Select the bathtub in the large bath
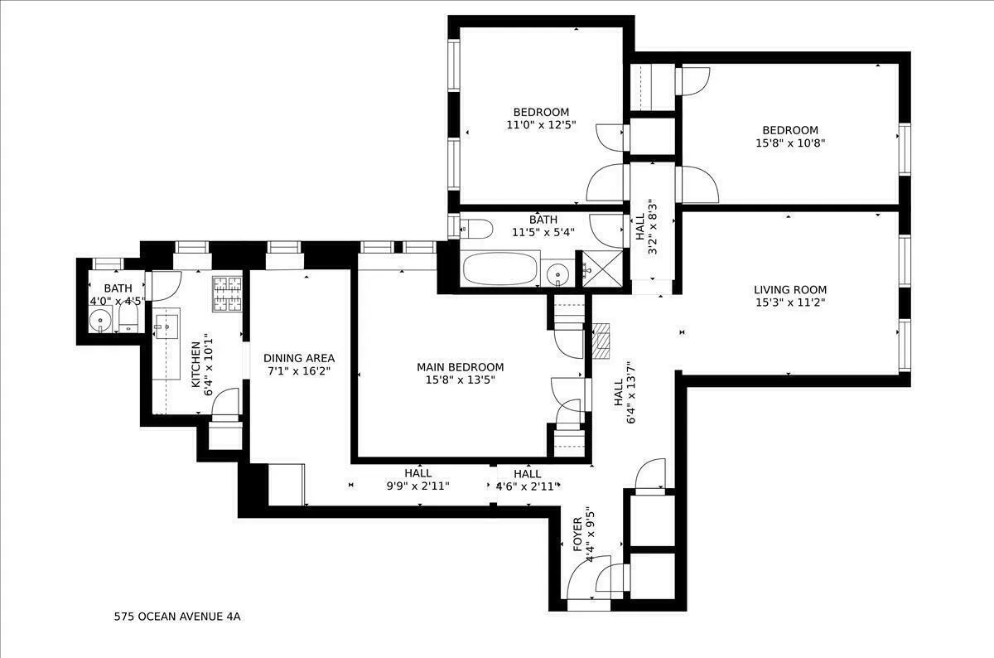(x=499, y=269)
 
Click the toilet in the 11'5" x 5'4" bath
(x=475, y=228)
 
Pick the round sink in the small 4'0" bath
(x=102, y=318)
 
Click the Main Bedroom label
(x=460, y=367)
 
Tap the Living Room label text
(x=789, y=290)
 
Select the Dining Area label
(x=299, y=358)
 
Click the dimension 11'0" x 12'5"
(x=541, y=125)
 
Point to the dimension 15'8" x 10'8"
(x=790, y=143)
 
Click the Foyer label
(x=577, y=535)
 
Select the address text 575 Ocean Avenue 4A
(x=177, y=617)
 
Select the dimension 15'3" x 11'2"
(x=789, y=302)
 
